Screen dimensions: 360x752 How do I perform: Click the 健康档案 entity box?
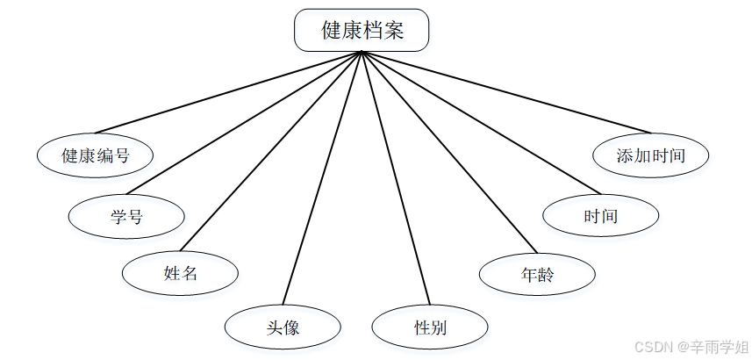click(362, 30)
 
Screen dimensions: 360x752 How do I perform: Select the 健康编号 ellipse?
click(96, 156)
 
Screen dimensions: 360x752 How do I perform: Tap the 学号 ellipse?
click(126, 217)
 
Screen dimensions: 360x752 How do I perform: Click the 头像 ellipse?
click(283, 328)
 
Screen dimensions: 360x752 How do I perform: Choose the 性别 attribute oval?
click(430, 328)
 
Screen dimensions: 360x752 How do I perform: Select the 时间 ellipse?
click(600, 215)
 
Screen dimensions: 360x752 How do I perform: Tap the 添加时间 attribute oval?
click(650, 156)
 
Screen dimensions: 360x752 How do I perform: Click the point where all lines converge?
click(362, 52)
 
